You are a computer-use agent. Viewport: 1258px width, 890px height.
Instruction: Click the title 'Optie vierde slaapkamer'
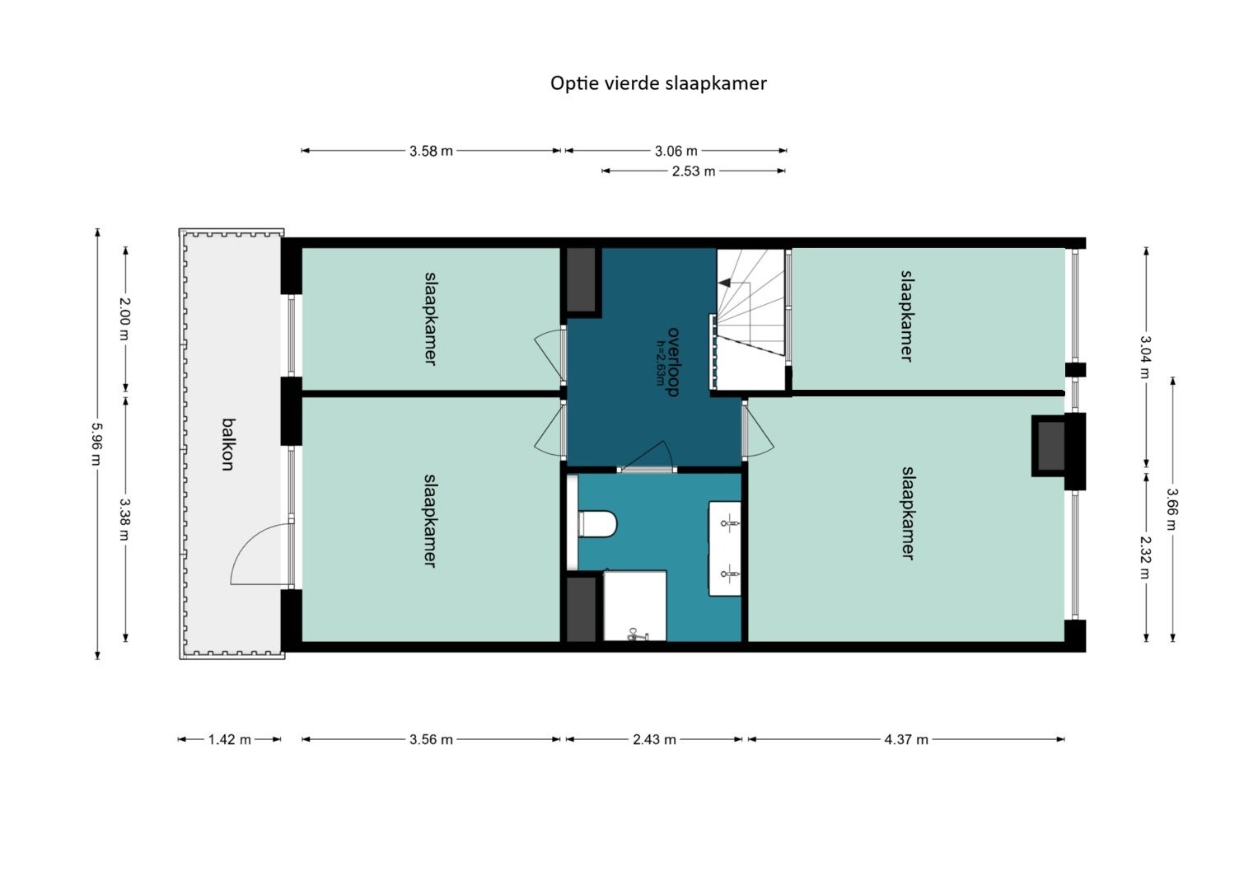click(658, 84)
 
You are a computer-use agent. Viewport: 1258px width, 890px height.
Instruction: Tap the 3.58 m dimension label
click(431, 151)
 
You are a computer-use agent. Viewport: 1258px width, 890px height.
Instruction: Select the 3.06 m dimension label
click(676, 151)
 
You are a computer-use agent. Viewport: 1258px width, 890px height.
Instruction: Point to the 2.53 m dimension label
click(694, 171)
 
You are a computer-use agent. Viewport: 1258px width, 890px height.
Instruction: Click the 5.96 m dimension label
click(97, 444)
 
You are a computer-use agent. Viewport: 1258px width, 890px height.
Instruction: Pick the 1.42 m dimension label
click(229, 739)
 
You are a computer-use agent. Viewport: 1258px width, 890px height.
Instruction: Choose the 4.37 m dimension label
click(906, 739)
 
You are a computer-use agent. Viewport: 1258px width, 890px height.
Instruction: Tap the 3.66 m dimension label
click(1172, 509)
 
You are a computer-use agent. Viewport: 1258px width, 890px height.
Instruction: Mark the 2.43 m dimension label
click(654, 739)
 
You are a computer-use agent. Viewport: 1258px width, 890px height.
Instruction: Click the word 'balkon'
click(228, 444)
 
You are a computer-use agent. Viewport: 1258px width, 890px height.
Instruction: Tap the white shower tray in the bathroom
click(635, 606)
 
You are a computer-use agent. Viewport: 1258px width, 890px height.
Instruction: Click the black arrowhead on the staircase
click(725, 283)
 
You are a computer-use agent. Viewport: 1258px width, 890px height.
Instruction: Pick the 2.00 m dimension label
click(124, 319)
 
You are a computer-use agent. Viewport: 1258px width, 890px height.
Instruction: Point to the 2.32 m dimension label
click(1145, 557)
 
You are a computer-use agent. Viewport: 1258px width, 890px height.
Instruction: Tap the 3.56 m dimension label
click(431, 739)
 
